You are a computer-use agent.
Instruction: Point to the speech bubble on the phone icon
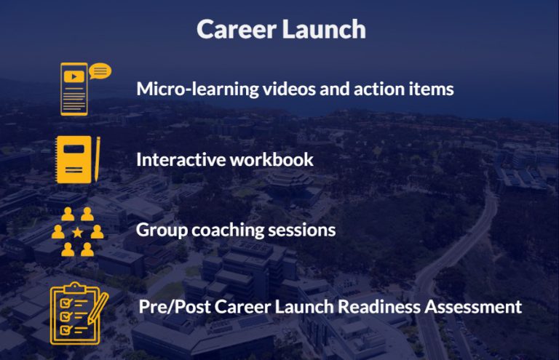[x=101, y=71]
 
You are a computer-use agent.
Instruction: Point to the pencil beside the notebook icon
[x=98, y=159]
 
